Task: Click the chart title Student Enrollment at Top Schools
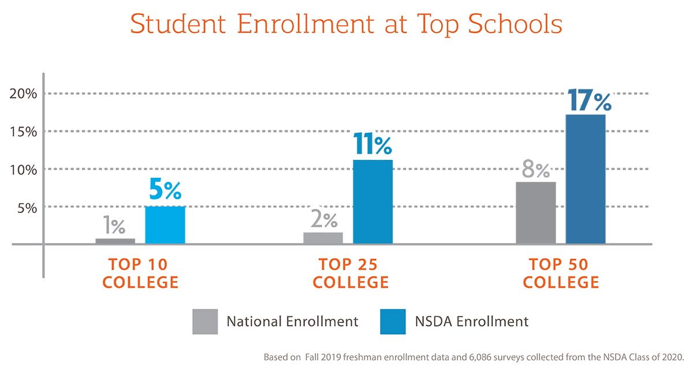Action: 346,24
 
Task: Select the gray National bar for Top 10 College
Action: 115,241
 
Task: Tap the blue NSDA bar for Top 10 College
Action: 165,225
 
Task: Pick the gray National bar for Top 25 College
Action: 323,238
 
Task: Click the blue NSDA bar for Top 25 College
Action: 372,202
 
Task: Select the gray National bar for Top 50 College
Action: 535,213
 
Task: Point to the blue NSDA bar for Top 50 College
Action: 586,179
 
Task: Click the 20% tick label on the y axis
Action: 24,94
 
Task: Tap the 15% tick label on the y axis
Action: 24,132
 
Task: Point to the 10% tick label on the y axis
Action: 24,170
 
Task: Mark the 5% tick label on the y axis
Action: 27,207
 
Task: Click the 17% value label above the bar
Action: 588,101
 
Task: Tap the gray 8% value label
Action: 535,170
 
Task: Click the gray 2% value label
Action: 323,220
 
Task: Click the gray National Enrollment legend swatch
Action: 205,321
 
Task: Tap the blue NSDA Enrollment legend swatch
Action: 393,321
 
